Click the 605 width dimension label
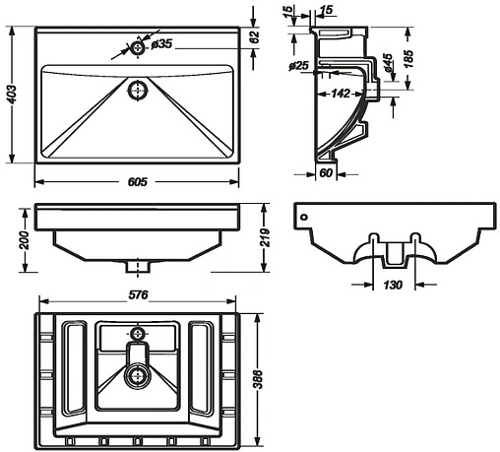click(x=138, y=182)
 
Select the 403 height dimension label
click(x=12, y=95)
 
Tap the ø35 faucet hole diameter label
click(x=161, y=44)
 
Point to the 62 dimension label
click(x=254, y=36)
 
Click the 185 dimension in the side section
click(x=408, y=58)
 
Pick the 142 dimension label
click(x=341, y=94)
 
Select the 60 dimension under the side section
click(x=326, y=173)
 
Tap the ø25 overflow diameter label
click(x=299, y=66)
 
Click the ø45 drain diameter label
click(x=388, y=63)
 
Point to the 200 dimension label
click(x=24, y=240)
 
